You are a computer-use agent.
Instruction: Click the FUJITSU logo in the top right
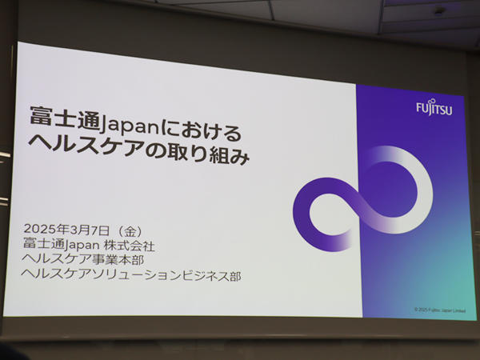(434, 108)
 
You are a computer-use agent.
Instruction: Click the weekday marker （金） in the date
(130, 230)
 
